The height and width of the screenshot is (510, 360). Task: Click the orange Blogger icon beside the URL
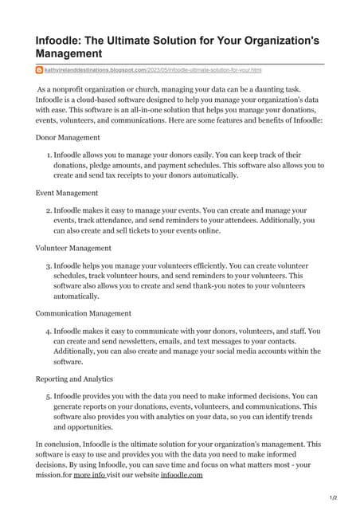tap(39, 71)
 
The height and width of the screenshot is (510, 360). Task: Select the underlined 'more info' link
tap(90, 475)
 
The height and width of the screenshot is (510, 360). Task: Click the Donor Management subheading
tap(68, 137)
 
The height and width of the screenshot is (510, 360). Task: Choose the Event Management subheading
tap(67, 192)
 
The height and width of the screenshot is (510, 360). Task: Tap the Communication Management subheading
tap(84, 313)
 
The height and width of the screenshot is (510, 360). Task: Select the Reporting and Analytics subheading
tap(75, 379)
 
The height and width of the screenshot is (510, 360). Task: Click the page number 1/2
tap(333, 498)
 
